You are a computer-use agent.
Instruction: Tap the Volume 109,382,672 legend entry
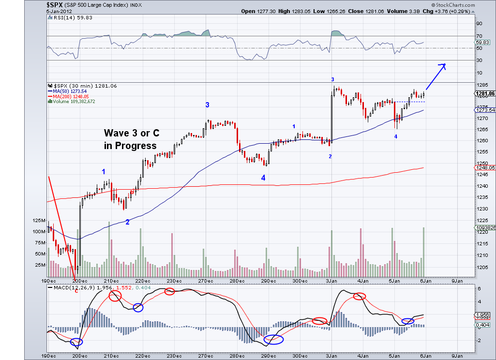point(73,102)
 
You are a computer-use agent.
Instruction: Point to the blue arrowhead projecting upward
point(443,66)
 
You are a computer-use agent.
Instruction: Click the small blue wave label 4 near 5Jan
point(395,137)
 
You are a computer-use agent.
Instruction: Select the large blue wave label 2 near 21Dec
point(127,222)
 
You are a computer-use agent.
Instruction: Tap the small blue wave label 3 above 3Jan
point(332,79)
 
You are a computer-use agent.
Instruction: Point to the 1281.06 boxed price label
point(485,93)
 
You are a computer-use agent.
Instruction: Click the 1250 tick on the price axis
point(482,164)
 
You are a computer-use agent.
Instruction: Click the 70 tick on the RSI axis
point(479,36)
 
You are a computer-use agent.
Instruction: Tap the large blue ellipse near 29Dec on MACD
point(273,340)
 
